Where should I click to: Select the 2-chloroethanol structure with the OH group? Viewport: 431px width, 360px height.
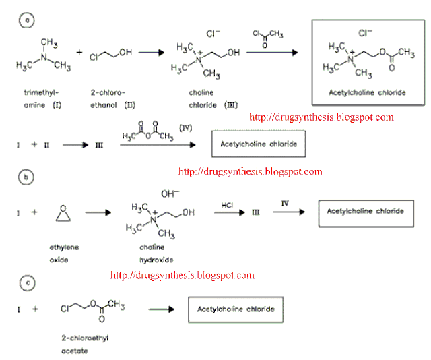coord(110,55)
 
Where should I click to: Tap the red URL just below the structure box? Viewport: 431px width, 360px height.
coord(321,117)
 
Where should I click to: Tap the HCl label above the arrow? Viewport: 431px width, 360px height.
coord(228,201)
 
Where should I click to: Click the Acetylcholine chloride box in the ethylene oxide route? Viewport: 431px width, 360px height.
coord(366,212)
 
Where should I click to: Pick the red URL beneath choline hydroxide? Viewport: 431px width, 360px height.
coord(182,275)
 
